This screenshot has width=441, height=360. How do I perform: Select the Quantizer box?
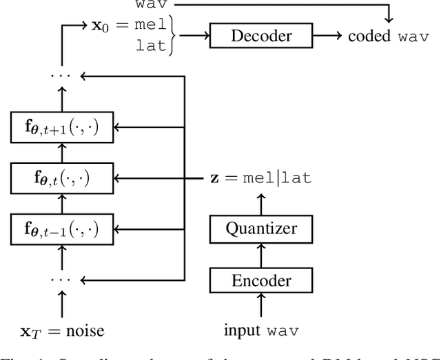click(260, 229)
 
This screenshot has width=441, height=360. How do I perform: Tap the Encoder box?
click(260, 280)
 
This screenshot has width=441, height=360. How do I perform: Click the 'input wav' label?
click(261, 330)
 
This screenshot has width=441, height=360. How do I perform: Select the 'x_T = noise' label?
click(63, 330)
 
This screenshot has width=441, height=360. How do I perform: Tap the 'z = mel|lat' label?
click(260, 178)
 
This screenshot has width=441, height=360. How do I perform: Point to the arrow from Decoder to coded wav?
click(327, 36)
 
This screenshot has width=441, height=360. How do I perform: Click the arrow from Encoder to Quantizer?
click(260, 255)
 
